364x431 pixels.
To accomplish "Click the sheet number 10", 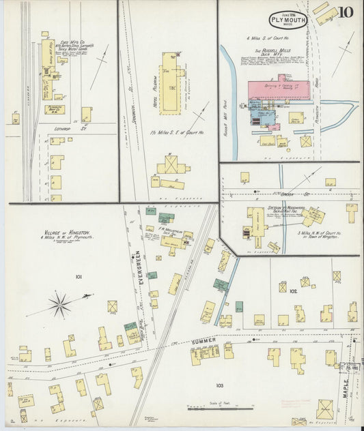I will tap(347, 12).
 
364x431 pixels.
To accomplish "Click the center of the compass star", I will tap(60, 303).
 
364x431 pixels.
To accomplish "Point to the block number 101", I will tap(79, 276).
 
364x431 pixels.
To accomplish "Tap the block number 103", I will tap(219, 385).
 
